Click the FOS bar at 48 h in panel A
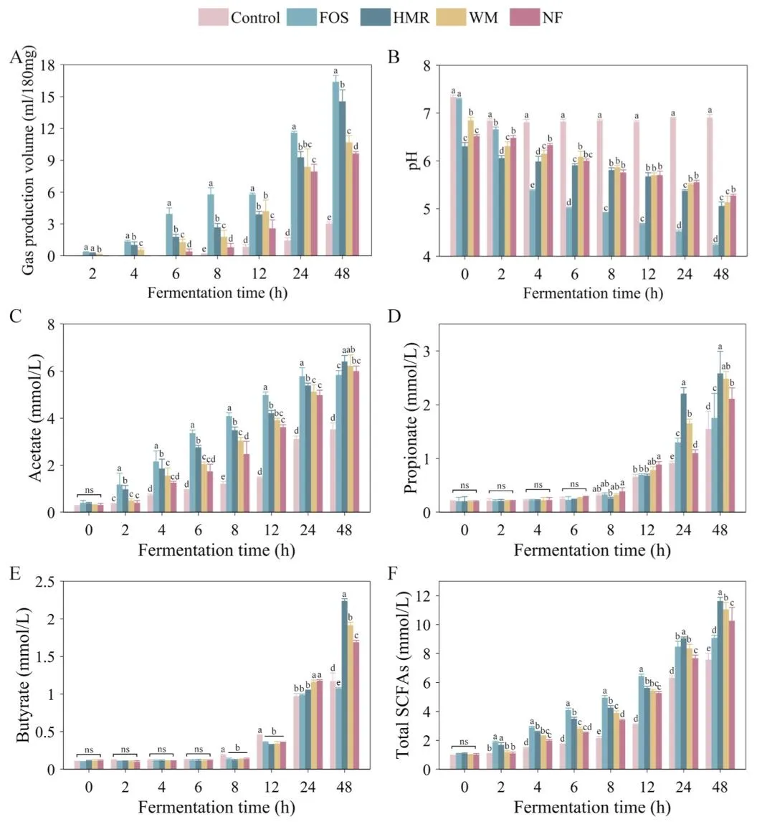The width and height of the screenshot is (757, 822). (x=335, y=169)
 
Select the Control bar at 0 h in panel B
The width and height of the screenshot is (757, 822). (x=453, y=176)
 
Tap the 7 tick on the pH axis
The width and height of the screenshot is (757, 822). (x=427, y=113)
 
